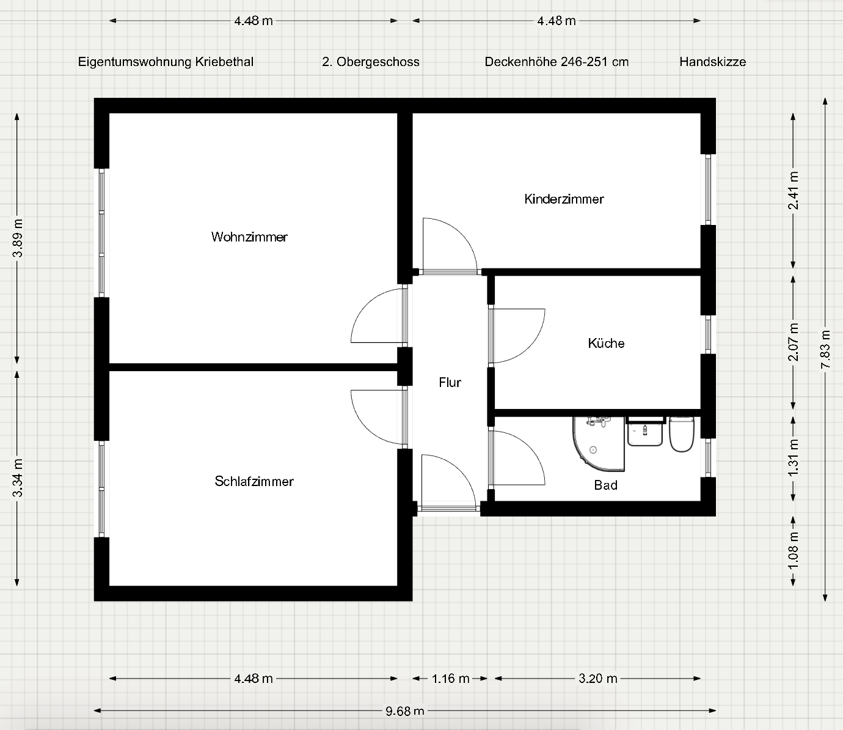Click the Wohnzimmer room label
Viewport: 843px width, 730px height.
pos(249,237)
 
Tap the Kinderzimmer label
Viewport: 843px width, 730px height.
pos(564,199)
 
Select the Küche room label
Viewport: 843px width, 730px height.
pos(606,343)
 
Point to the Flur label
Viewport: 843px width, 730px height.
pos(450,382)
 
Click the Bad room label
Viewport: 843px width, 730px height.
pos(605,485)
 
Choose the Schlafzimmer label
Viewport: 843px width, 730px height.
pos(254,481)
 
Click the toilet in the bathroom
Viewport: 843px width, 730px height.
pos(682,434)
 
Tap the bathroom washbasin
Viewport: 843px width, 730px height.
pos(645,432)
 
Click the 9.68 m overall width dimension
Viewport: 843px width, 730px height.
pos(404,711)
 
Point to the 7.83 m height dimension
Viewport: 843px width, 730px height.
pos(825,349)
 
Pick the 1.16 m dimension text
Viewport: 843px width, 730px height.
pos(450,679)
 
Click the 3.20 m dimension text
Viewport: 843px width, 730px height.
pos(598,679)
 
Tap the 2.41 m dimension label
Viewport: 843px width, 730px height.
pos(794,191)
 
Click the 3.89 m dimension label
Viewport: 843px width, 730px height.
pos(17,238)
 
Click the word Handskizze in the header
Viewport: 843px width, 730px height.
pos(712,62)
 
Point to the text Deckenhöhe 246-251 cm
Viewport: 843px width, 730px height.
pos(557,62)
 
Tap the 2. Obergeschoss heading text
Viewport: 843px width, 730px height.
pos(371,62)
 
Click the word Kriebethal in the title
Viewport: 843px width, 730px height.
pos(224,62)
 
